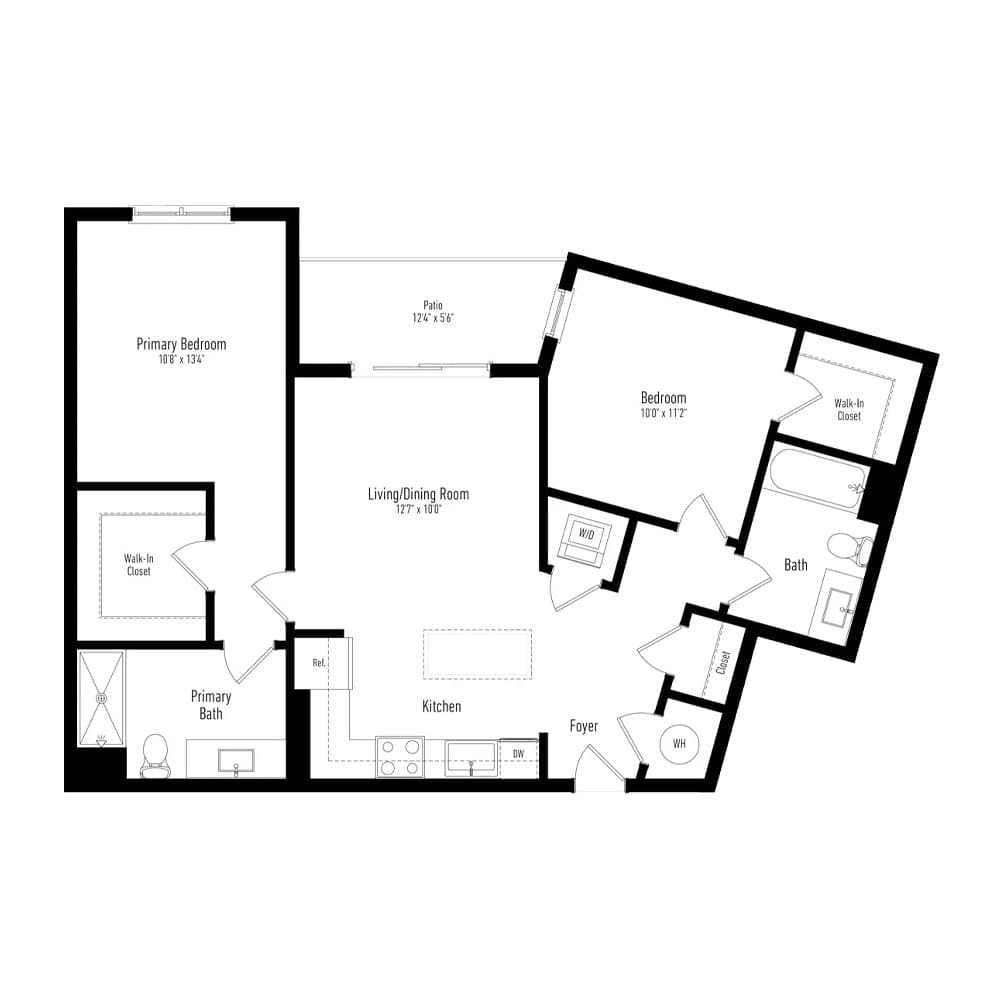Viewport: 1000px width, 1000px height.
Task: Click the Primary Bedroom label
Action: click(x=181, y=344)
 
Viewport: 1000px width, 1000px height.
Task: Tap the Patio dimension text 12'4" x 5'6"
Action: click(x=433, y=318)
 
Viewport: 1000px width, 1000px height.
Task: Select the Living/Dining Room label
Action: click(x=418, y=494)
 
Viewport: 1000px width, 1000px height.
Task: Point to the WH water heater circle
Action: click(x=679, y=744)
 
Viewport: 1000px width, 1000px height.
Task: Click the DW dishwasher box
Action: click(x=518, y=757)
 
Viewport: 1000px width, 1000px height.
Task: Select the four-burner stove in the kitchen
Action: click(x=400, y=757)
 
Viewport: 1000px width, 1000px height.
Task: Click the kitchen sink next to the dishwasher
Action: click(x=471, y=758)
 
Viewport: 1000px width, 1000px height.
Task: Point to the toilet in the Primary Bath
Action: click(x=155, y=756)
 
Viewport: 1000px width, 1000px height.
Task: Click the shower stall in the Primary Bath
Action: click(x=101, y=698)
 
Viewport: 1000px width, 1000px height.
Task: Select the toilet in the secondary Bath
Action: click(x=850, y=550)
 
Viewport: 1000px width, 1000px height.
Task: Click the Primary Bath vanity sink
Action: click(x=236, y=760)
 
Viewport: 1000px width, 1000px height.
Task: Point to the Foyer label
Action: click(x=584, y=726)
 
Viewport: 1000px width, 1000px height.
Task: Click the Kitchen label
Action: click(x=441, y=706)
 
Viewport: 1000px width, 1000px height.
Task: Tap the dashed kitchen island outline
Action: click(x=477, y=653)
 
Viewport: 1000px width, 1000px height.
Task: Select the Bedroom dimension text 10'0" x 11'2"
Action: click(x=663, y=413)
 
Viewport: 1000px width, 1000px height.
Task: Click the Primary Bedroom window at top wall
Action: click(x=182, y=214)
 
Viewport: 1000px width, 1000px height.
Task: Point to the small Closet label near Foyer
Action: click(x=723, y=663)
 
